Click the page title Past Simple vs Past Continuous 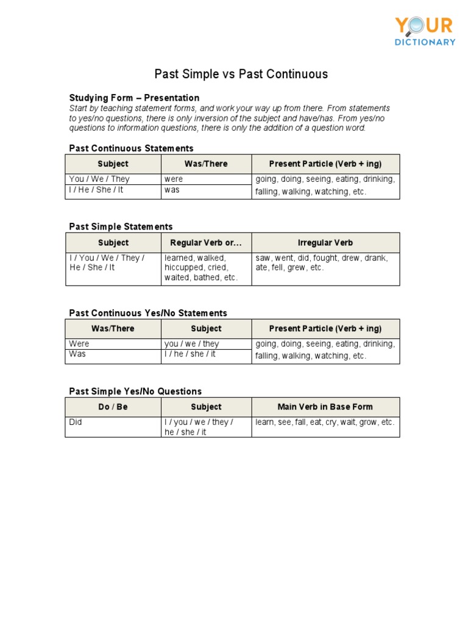[241, 74]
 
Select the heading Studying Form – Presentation [134, 98]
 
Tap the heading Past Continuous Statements [131, 148]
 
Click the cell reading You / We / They [99, 179]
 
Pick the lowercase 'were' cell [174, 179]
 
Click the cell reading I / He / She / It [96, 190]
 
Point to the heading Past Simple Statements [121, 226]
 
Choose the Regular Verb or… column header [206, 243]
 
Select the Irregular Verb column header [325, 243]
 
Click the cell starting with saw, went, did [322, 263]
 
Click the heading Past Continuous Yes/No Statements [148, 313]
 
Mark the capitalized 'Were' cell [79, 344]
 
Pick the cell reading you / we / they [191, 344]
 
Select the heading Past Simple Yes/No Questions [135, 391]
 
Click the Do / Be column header [113, 407]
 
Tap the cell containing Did [76, 422]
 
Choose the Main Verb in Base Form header [325, 407]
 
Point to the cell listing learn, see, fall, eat [325, 422]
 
